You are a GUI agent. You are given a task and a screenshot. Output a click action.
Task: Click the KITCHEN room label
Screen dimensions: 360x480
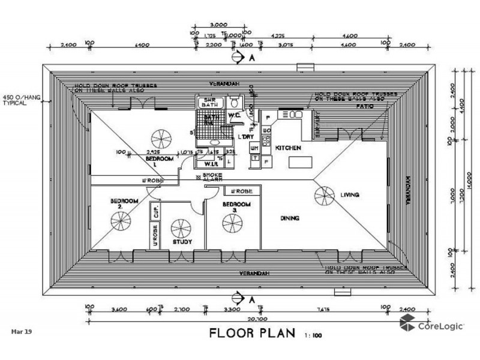(287, 148)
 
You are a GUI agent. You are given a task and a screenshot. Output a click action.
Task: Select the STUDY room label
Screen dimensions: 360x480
(181, 242)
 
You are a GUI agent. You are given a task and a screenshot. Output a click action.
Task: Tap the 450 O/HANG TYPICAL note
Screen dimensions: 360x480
(17, 100)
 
